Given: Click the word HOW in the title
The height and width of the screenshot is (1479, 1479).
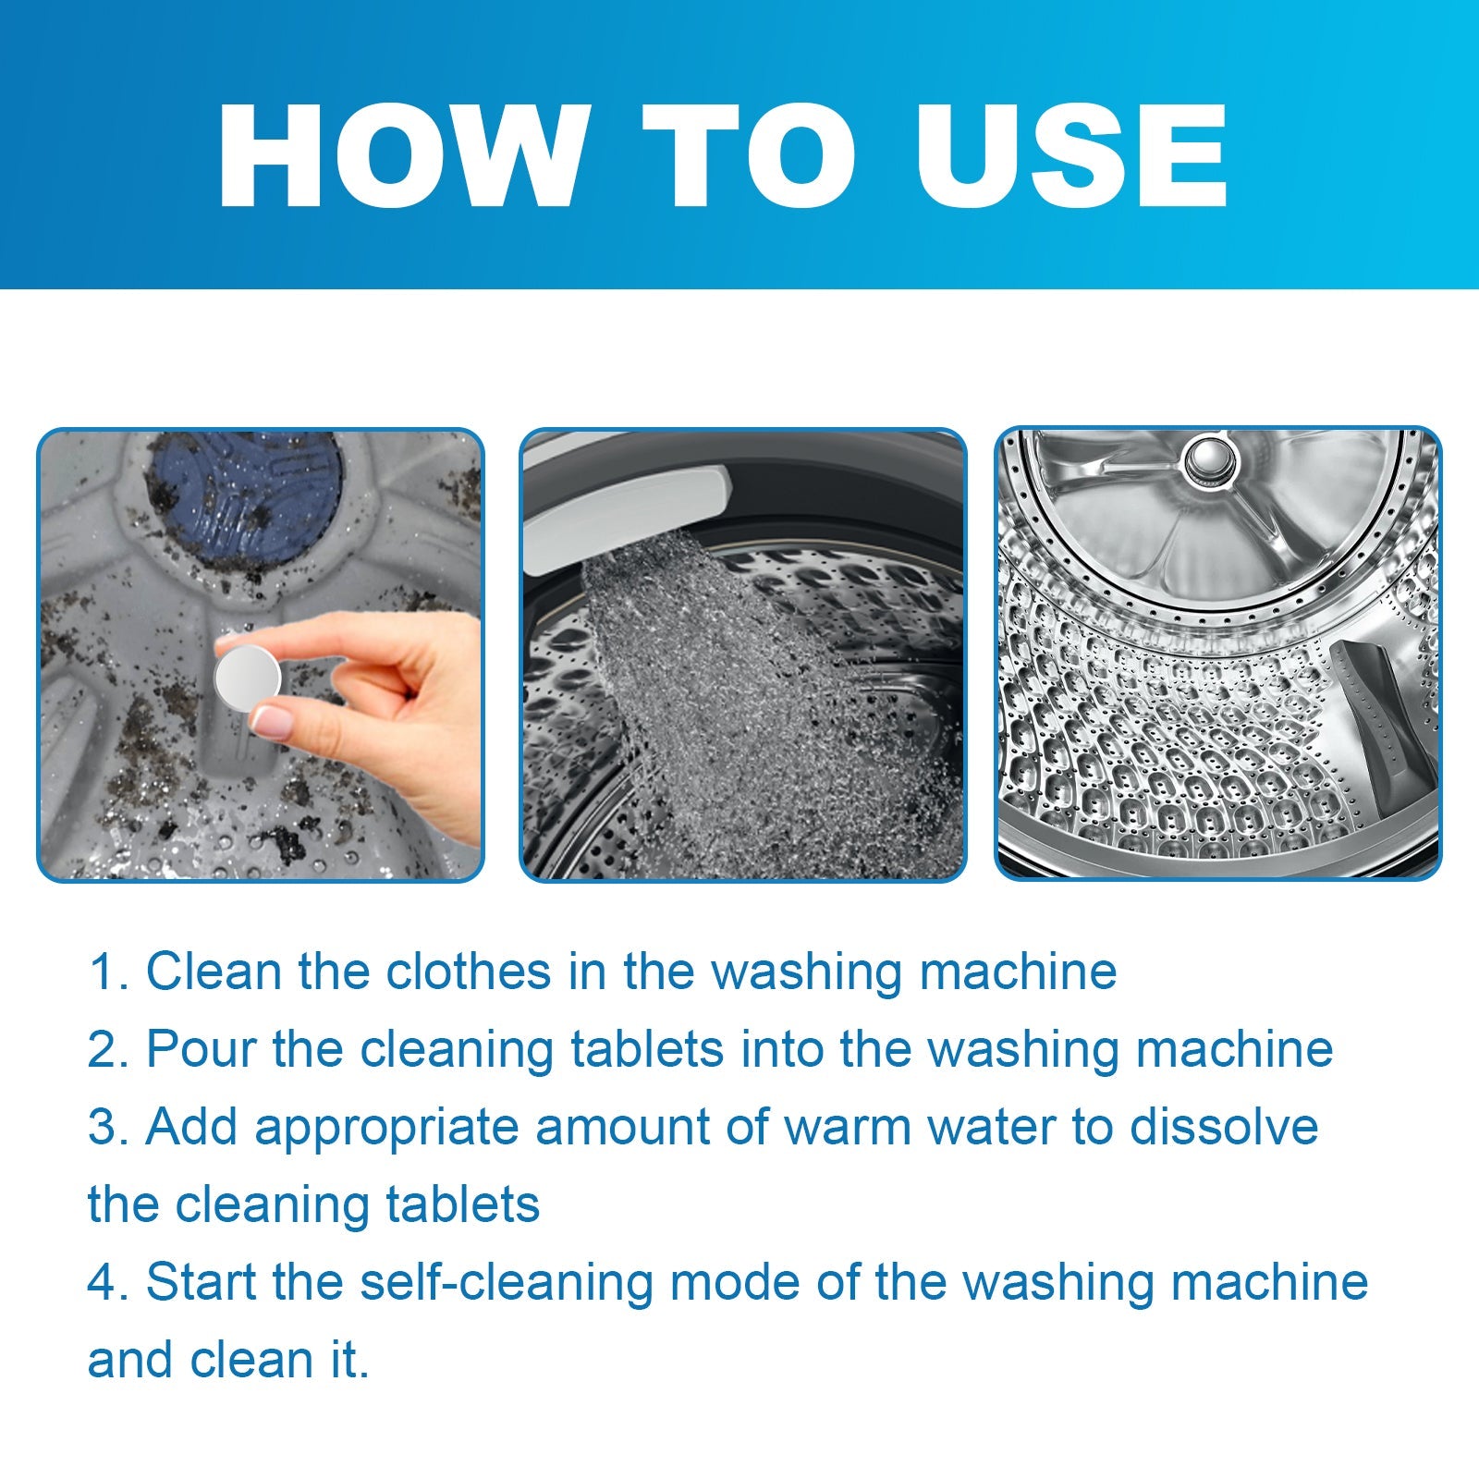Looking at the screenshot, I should (x=403, y=157).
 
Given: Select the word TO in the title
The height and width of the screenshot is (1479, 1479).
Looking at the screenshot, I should (x=749, y=157).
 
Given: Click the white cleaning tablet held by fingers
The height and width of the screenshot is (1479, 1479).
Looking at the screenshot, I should (x=247, y=678).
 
